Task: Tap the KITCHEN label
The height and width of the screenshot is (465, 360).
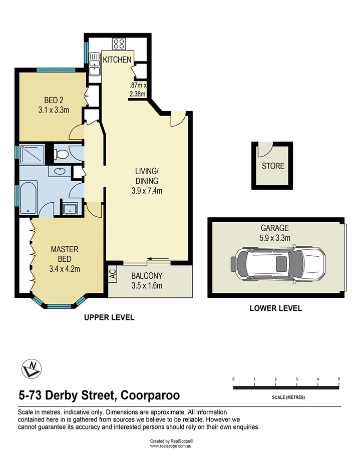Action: (117, 60)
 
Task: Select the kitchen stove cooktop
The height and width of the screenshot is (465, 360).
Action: (119, 43)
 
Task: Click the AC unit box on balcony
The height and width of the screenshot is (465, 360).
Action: (113, 274)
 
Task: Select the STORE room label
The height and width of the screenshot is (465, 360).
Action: (273, 166)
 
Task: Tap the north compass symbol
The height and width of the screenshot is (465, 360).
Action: (31, 369)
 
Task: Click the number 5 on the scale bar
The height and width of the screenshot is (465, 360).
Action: (339, 379)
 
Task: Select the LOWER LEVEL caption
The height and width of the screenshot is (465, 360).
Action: (275, 308)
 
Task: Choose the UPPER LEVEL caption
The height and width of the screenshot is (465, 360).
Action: (109, 317)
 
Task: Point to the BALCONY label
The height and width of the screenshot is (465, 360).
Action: (147, 276)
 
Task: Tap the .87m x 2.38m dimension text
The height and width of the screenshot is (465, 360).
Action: (137, 89)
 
